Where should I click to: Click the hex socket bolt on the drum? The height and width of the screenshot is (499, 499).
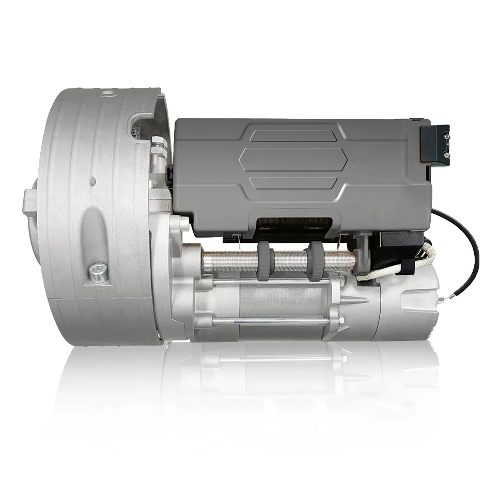(99, 272)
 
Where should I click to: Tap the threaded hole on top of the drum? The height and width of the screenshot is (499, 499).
(108, 94)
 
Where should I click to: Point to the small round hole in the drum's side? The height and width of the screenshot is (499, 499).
(92, 182)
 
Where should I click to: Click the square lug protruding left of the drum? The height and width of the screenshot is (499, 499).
(29, 203)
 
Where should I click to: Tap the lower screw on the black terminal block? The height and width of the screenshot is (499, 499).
(445, 154)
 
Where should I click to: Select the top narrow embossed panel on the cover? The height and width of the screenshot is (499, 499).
(292, 135)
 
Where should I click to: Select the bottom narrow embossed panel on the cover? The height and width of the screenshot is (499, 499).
(292, 182)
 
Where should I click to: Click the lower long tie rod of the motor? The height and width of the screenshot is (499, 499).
(269, 321)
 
